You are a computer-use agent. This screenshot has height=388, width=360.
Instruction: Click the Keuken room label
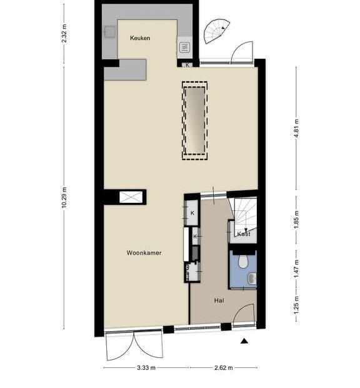coord(140,38)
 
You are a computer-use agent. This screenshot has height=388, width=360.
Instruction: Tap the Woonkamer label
coord(144,253)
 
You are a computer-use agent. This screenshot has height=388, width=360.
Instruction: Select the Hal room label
coord(219,300)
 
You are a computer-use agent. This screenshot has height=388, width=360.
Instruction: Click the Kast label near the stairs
coord(244,234)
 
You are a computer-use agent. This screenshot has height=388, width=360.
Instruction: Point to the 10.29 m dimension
coord(64,197)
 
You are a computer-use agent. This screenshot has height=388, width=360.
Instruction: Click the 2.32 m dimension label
coord(64,33)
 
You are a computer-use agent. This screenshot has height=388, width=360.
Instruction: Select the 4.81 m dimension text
coord(296,128)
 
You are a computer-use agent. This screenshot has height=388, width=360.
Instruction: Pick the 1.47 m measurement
coord(296,268)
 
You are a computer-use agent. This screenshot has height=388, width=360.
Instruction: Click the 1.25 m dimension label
coord(296,305)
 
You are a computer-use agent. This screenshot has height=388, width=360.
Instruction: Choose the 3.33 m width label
coord(146,367)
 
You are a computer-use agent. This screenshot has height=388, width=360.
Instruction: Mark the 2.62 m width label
coord(224,367)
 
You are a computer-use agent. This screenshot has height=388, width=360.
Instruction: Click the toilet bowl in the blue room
coord(243,262)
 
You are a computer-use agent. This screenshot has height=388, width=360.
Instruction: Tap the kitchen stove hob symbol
coord(184,47)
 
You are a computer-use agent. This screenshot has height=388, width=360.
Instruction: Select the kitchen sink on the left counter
coord(110,32)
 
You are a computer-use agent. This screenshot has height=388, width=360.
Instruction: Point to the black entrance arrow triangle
coord(244,341)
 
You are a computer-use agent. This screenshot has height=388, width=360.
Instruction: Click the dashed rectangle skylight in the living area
coord(195,121)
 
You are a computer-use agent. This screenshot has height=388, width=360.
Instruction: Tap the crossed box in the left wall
coord(131,197)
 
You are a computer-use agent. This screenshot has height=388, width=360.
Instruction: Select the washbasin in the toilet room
coord(252,278)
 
